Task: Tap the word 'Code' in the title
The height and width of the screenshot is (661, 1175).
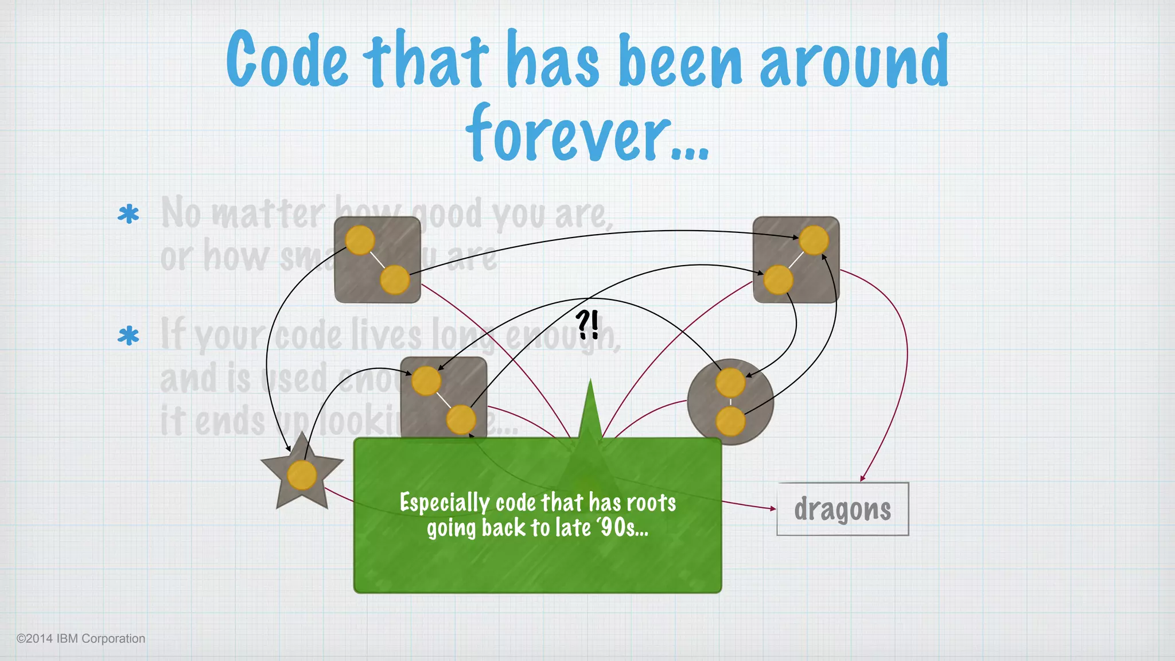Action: (287, 60)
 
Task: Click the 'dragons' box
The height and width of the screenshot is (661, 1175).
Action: (842, 509)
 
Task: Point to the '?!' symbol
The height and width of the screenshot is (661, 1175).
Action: (587, 325)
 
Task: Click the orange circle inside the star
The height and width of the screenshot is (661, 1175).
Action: (302, 476)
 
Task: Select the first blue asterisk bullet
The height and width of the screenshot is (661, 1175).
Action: (129, 215)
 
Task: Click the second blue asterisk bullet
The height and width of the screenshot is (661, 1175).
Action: (129, 336)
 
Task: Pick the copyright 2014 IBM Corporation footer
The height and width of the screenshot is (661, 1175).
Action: (81, 639)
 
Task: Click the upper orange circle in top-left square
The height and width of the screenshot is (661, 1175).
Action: (360, 240)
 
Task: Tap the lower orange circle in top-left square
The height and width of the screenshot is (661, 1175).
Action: (395, 279)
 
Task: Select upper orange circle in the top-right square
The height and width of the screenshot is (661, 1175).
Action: (814, 240)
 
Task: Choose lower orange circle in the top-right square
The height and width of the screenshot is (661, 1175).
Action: (779, 279)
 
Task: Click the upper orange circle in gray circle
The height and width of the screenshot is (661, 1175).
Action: (730, 383)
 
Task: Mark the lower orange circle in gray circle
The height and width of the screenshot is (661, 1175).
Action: (730, 421)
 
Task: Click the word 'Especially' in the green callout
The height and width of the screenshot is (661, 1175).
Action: (444, 503)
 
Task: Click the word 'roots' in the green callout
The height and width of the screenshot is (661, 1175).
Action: (651, 503)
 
